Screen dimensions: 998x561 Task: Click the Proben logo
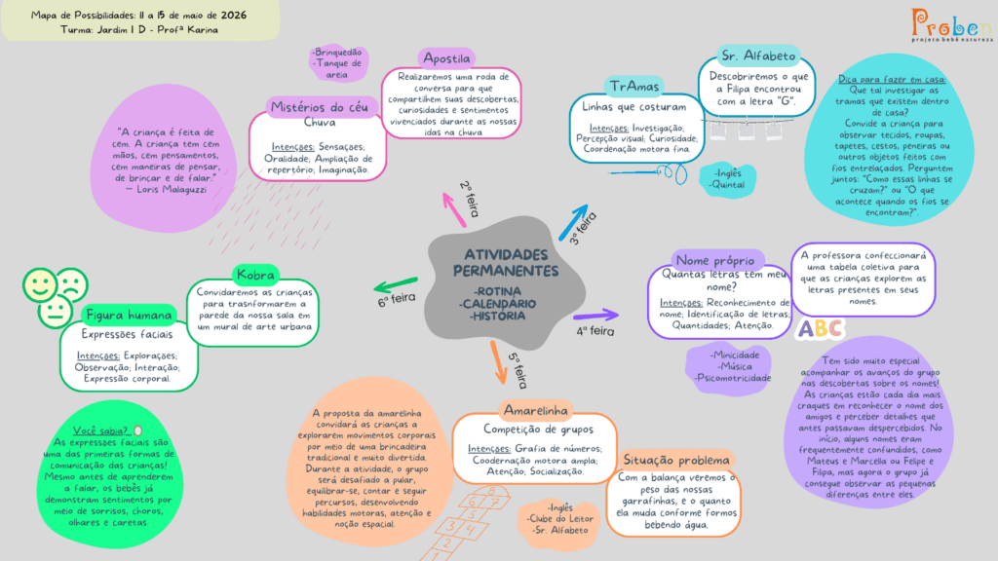pos(951,24)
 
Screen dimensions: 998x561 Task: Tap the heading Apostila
pos(446,58)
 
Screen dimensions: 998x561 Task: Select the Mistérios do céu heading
pos(320,107)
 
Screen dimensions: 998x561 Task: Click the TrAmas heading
pos(633,86)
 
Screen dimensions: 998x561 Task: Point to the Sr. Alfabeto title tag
pos(758,56)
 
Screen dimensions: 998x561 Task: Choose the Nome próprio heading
pos(715,260)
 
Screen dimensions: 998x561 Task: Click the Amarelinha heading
pos(535,410)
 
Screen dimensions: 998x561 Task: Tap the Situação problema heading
pos(676,460)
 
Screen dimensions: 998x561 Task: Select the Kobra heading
pos(255,275)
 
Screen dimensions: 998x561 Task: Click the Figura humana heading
pos(129,315)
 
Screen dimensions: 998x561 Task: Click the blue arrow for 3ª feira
pos(573,222)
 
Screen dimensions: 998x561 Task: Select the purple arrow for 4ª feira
pos(595,315)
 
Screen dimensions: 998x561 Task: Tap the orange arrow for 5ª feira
pos(498,362)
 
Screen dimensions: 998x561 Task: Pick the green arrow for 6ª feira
pos(396,284)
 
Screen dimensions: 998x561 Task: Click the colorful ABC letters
pos(821,328)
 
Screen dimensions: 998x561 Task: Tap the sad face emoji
pos(72,284)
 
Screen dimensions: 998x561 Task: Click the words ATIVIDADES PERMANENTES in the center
pos(506,263)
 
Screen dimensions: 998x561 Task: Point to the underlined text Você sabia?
pos(100,430)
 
